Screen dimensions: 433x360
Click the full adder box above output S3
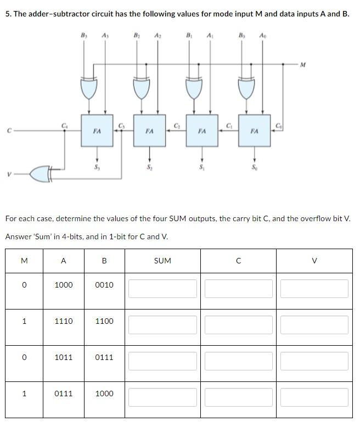97,131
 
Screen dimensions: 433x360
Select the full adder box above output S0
254,131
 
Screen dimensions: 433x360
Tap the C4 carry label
64,126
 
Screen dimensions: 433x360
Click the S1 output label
201,166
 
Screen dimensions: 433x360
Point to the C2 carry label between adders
176,126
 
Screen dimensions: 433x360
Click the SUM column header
162,261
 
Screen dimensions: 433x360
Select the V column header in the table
314,261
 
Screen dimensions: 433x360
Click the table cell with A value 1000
64,285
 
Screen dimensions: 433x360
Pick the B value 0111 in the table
104,357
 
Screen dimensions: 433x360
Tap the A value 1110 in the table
64,321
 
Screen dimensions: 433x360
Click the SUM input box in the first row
162,289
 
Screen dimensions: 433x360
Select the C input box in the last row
238,397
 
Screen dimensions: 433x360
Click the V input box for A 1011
314,361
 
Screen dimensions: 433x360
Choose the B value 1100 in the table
104,321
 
